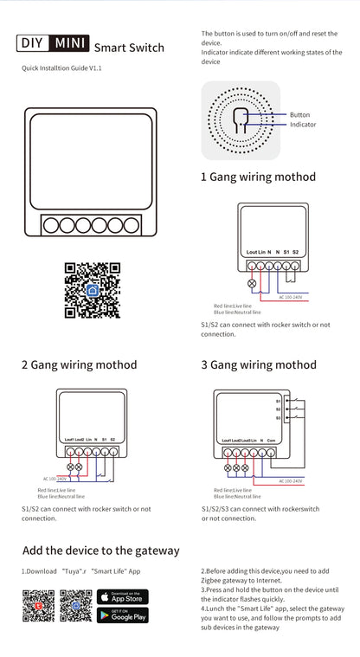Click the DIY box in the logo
[x=33, y=42]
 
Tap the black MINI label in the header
[x=68, y=42]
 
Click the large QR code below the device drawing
[x=92, y=290]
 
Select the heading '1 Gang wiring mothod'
[x=258, y=177]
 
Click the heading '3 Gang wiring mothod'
[x=259, y=365]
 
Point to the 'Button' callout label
[x=299, y=114]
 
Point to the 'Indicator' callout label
[x=303, y=125]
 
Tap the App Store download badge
[x=122, y=597]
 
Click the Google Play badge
[x=122, y=615]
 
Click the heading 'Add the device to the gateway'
[x=100, y=551]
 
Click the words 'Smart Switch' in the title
[x=129, y=48]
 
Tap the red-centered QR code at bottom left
[x=38, y=606]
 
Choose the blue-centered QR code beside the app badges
[x=75, y=606]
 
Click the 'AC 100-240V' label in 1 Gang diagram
[x=291, y=298]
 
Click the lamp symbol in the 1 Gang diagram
[x=253, y=283]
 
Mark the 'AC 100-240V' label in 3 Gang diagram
[x=290, y=480]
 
